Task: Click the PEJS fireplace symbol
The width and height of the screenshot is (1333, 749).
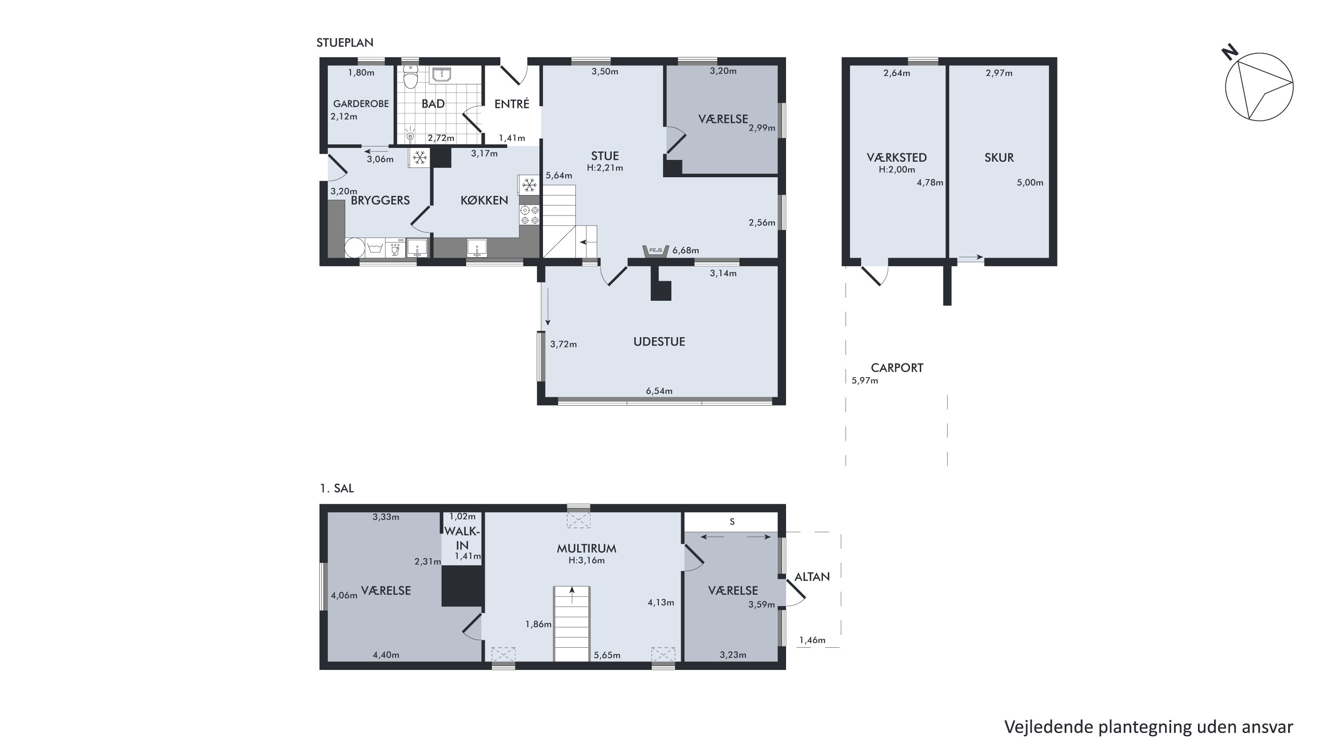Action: click(x=656, y=251)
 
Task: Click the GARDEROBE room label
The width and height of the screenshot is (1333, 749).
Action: click(x=361, y=104)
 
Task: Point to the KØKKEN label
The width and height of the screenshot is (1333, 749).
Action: click(x=484, y=200)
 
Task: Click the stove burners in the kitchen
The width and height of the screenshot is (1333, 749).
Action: click(x=529, y=215)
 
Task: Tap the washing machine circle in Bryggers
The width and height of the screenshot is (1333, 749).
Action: click(x=355, y=247)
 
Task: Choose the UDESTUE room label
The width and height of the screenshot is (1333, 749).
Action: click(x=659, y=341)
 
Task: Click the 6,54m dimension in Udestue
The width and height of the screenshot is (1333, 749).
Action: click(x=659, y=391)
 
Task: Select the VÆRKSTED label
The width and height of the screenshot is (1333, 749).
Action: click(x=897, y=157)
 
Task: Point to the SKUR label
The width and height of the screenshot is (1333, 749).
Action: click(x=999, y=157)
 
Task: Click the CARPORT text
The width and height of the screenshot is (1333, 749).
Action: click(x=897, y=368)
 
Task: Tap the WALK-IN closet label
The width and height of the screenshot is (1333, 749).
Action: click(x=462, y=538)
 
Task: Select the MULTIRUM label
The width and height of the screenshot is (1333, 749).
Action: click(x=586, y=548)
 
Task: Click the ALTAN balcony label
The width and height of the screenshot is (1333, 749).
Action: click(x=812, y=577)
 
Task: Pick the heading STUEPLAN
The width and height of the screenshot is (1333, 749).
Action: click(x=345, y=42)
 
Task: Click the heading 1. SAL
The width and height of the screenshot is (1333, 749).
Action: click(x=336, y=488)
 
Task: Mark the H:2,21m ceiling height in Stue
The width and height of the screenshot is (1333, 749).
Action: click(x=604, y=167)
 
